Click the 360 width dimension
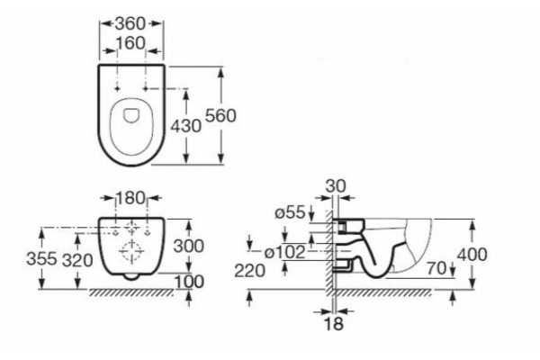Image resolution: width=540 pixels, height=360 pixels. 130,23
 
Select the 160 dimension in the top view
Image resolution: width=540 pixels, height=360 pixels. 130,43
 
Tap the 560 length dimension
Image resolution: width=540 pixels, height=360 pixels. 220,115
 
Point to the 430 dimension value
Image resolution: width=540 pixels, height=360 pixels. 186,126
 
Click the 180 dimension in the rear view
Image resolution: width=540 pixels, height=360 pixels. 130,198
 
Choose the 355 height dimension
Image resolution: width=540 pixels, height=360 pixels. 41,258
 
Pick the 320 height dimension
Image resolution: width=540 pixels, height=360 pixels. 77,260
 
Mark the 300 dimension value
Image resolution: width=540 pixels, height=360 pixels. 189,246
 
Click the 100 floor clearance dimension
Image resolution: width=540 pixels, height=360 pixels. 189,282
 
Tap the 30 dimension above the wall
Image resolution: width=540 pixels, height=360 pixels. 336,186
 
